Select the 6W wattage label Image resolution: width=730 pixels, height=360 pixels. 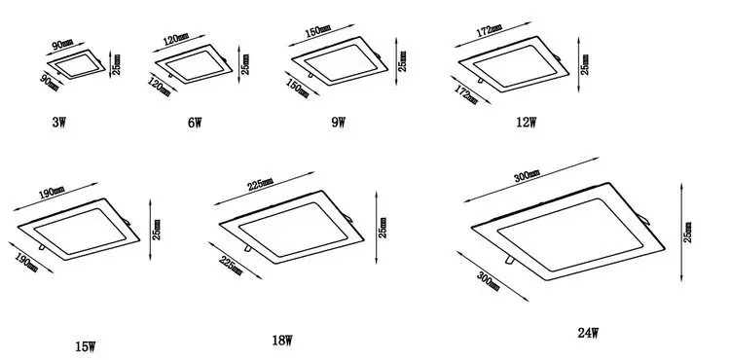pyautogui.click(x=194, y=123)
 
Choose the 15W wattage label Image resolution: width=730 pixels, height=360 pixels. pyautogui.click(x=86, y=345)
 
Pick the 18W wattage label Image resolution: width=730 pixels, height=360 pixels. pyautogui.click(x=282, y=341)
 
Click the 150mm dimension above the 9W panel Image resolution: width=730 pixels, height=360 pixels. pyautogui.click(x=316, y=32)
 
